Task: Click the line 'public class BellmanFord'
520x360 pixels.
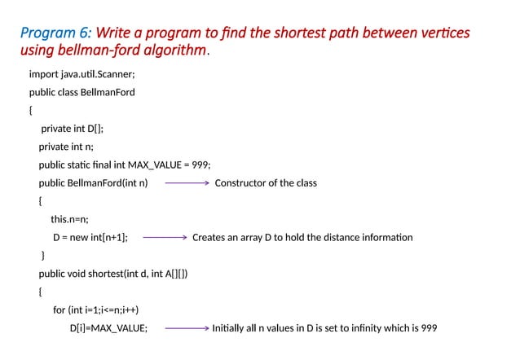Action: coord(82,92)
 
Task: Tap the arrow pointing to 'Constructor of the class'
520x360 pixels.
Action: coord(187,183)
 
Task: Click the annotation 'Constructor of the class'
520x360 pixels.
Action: coord(266,183)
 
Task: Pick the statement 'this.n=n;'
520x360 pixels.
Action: coord(69,219)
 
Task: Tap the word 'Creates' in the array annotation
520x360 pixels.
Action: coord(209,238)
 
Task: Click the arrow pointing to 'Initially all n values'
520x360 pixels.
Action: coord(185,329)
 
